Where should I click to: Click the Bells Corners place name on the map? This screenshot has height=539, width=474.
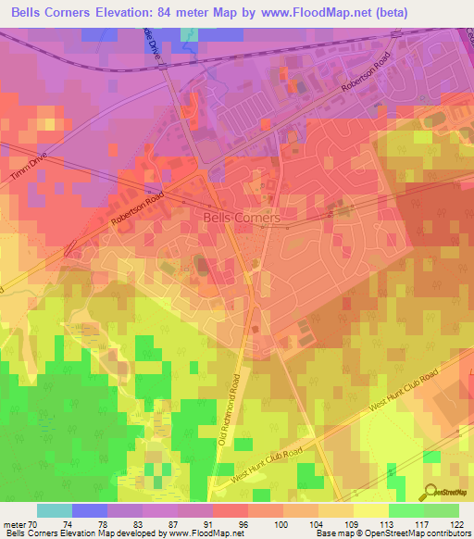click(x=241, y=217)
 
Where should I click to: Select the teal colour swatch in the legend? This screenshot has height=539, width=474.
click(x=55, y=510)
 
